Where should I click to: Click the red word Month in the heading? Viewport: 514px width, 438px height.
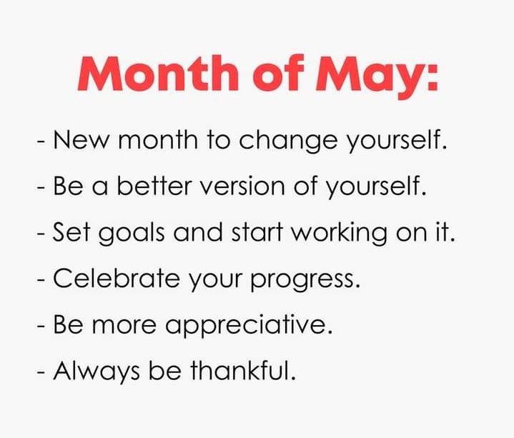click(x=158, y=74)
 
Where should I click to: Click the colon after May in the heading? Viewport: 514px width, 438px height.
click(x=433, y=77)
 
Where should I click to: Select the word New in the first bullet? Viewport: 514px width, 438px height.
click(x=81, y=140)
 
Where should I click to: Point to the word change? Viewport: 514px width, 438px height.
click(x=288, y=141)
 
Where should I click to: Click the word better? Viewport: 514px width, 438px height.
click(x=154, y=186)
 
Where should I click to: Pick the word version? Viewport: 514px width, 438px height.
click(x=242, y=186)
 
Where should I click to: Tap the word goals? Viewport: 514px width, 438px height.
click(x=131, y=233)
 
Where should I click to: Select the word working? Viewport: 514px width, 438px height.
click(x=340, y=233)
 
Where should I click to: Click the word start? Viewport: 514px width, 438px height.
click(x=257, y=232)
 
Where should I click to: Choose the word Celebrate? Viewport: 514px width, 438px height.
click(x=117, y=278)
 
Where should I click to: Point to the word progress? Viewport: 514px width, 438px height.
click(x=305, y=280)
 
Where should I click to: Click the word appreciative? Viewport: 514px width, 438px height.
click(x=249, y=326)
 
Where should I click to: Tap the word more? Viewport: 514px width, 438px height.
click(x=124, y=325)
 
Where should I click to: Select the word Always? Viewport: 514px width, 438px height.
click(x=97, y=372)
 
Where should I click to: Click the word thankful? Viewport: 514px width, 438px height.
click(x=243, y=370)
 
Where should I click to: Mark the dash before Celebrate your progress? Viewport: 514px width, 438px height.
click(x=41, y=280)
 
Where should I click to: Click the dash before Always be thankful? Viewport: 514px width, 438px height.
click(x=41, y=372)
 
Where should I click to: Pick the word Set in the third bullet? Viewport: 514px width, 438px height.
click(x=71, y=232)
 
